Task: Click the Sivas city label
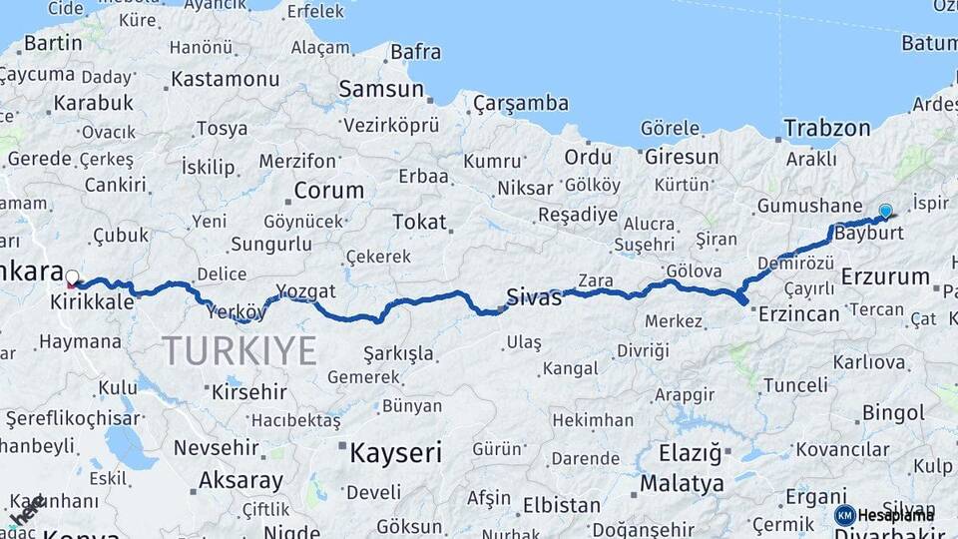[534, 295]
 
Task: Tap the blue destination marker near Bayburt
[885, 211]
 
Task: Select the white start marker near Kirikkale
[72, 276]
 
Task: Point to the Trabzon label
[826, 128]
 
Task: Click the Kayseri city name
[395, 453]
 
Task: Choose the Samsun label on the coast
[381, 89]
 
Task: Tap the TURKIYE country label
[239, 350]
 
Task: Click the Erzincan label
[799, 313]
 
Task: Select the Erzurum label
[885, 276]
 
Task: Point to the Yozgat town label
[305, 291]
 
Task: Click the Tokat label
[419, 222]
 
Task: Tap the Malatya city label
[683, 484]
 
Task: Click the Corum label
[328, 190]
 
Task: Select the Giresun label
[682, 157]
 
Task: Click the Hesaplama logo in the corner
[884, 515]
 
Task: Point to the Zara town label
[596, 281]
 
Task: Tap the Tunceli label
[795, 385]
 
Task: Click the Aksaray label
[240, 480]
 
